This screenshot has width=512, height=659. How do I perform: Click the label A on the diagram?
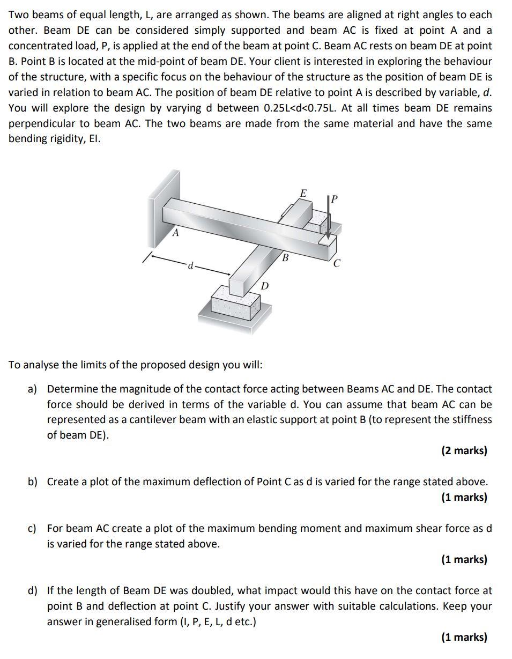tap(175, 233)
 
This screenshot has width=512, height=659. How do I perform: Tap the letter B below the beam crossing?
tap(285, 258)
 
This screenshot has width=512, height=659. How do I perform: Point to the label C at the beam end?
tap(336, 264)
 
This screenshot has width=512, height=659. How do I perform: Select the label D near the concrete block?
tap(264, 286)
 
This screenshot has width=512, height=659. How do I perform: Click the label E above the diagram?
tap(303, 193)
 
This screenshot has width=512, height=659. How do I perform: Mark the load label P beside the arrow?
tap(335, 199)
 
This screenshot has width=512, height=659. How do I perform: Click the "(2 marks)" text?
tap(464, 450)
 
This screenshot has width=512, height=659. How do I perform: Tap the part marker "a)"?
tap(33, 389)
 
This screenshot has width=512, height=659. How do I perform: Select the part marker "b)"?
tap(33, 482)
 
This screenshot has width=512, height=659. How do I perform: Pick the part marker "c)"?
tap(33, 528)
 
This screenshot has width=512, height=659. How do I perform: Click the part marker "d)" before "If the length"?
tap(33, 591)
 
